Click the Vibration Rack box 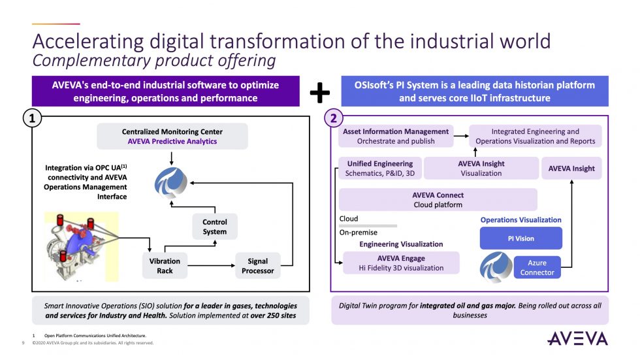(x=165, y=266)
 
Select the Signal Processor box (x=257, y=266)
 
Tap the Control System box (x=214, y=227)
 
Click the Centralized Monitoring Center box (x=172, y=136)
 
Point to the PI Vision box (x=520, y=238)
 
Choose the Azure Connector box (x=537, y=267)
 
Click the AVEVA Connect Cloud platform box (x=438, y=200)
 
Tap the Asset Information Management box (x=396, y=136)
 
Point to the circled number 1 (x=32, y=118)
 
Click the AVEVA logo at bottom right (x=577, y=338)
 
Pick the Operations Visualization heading (x=520, y=220)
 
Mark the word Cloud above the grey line (x=349, y=219)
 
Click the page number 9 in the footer (x=24, y=342)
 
